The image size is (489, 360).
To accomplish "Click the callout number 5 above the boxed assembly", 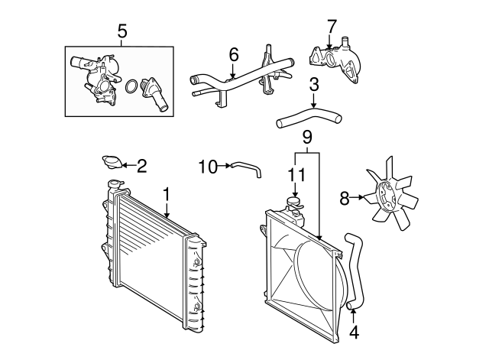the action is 122,32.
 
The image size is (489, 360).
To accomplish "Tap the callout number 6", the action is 234,55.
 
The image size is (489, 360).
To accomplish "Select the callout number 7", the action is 332,27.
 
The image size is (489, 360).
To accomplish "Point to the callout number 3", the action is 314,85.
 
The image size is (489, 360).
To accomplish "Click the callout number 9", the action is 307,138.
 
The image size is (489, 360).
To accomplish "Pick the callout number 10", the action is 208,167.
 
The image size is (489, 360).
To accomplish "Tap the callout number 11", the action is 296,175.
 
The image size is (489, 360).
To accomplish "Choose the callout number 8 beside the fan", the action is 345,198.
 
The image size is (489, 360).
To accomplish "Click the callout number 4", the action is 354,332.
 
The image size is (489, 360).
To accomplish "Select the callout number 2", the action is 141,166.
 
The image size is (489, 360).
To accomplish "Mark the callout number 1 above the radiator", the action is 167,194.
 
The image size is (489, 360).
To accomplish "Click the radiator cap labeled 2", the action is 112,162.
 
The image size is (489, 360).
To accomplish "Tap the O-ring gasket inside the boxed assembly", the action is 131,86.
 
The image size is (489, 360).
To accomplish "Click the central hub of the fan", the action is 386,196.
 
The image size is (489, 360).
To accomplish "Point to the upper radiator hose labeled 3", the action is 309,117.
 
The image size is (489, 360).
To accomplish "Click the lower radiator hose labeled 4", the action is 355,271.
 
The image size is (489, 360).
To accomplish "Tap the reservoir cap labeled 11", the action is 294,202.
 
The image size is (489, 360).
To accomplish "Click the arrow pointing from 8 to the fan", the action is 357,197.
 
